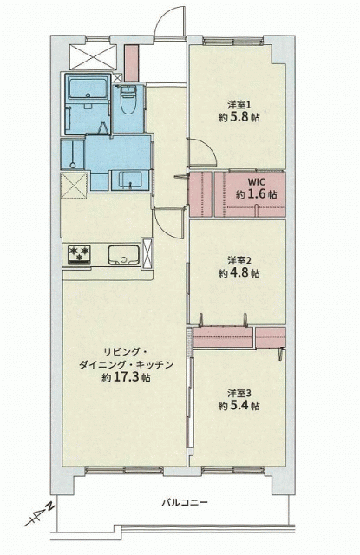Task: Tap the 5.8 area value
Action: [240, 117]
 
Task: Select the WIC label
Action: [256, 182]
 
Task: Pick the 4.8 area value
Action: [240, 273]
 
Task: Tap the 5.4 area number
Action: [240, 406]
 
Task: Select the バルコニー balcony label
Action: [185, 503]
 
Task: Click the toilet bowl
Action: [128, 101]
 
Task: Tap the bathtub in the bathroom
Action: [88, 88]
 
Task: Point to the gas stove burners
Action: [80, 254]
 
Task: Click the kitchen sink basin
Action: [123, 254]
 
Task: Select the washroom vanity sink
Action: [130, 180]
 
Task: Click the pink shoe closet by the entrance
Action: [131, 63]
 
